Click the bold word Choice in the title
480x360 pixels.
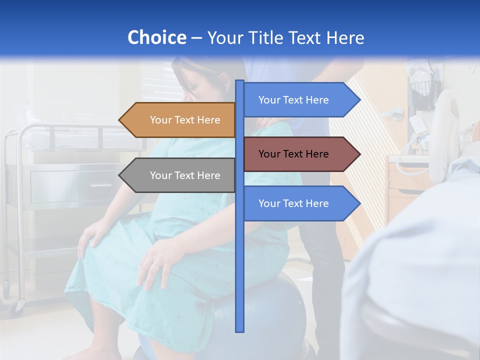pos(156,37)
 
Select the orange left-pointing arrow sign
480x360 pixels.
pos(180,120)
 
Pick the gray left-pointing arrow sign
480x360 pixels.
pos(180,175)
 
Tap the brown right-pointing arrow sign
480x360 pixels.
pos(298,154)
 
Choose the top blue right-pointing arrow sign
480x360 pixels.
pos(298,100)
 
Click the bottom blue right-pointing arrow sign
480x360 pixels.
pos(298,203)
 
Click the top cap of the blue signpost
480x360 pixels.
pos(240,82)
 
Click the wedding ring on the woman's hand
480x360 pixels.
pos(155,263)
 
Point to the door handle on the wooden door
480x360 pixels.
pos(397,112)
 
